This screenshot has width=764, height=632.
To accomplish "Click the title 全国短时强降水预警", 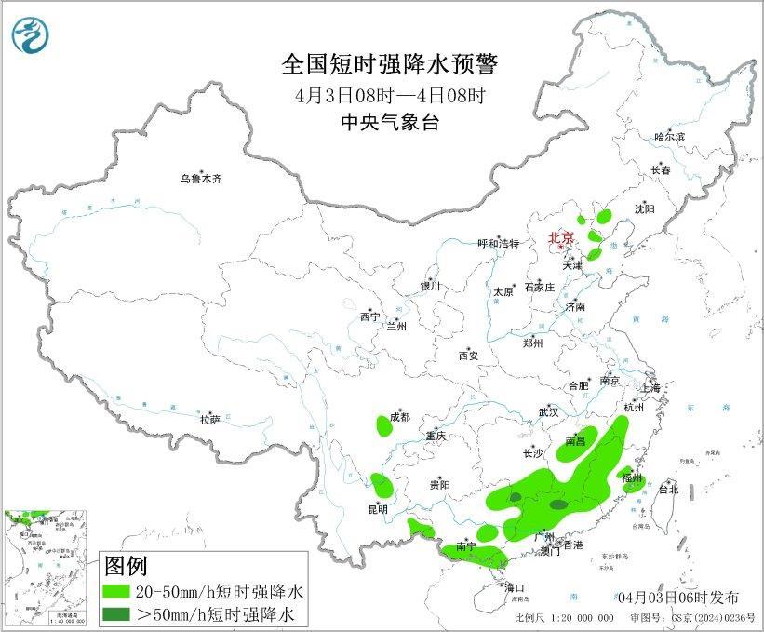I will pyautogui.click(x=390, y=65).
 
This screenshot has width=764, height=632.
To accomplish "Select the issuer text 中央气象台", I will pyautogui.click(x=390, y=121).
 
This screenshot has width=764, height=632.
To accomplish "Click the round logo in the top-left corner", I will pyautogui.click(x=29, y=36).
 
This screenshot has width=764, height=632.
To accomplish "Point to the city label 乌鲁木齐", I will pyautogui.click(x=202, y=179).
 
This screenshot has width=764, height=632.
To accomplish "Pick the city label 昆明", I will pyautogui.click(x=377, y=510).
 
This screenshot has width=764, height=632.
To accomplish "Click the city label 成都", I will pyautogui.click(x=399, y=416).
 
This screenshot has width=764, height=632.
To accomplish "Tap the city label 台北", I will pyautogui.click(x=668, y=489).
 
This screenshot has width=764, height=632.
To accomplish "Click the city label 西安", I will pyautogui.click(x=469, y=355).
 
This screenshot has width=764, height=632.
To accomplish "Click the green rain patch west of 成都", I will pyautogui.click(x=383, y=426).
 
